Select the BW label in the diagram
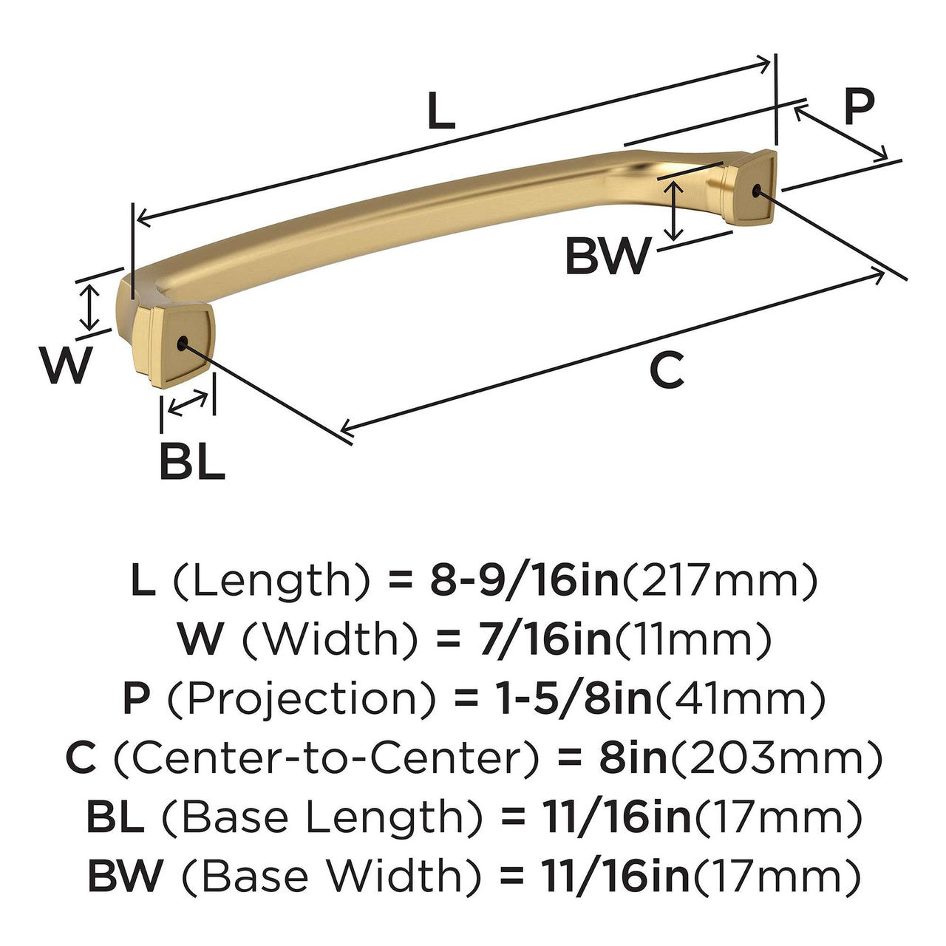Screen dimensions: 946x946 pos(608,256)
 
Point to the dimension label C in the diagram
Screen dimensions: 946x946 pos(667,371)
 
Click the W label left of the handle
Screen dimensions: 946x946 pos(68,366)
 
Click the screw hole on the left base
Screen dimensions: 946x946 pos(183,342)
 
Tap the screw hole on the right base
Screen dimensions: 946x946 pos(755,191)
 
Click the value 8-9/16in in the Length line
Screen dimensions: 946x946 pos(523,582)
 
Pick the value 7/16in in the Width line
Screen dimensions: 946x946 pos(524,640)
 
